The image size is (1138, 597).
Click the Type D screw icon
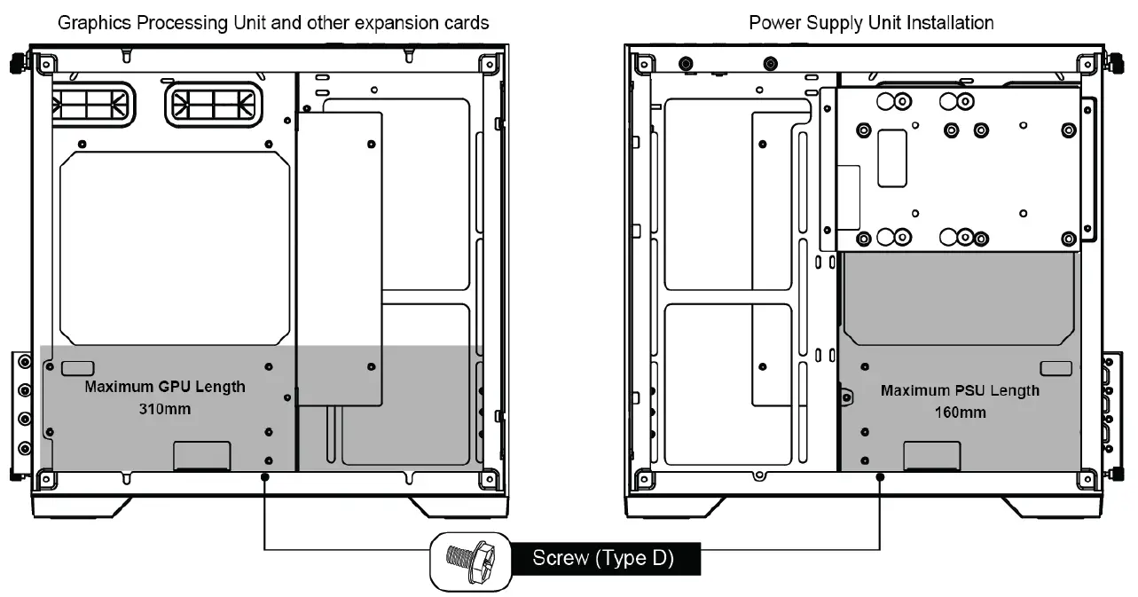pyautogui.click(x=470, y=562)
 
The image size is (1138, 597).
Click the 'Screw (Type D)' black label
pyautogui.click(x=603, y=559)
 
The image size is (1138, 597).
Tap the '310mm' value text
pyautogui.click(x=164, y=409)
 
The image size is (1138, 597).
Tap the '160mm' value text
pyautogui.click(x=960, y=412)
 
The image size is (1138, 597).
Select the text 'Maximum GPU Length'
pyautogui.click(x=165, y=387)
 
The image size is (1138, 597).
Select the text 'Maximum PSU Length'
pyautogui.click(x=960, y=390)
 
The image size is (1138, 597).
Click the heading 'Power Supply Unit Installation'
pyautogui.click(x=871, y=22)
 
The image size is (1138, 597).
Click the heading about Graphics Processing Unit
pyautogui.click(x=273, y=22)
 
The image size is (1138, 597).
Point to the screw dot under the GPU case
pyautogui.click(x=264, y=477)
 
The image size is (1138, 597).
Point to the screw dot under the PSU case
pyautogui.click(x=880, y=477)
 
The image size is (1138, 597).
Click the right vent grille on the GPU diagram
pyautogui.click(x=214, y=104)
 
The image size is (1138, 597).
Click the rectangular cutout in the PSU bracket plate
pyautogui.click(x=891, y=158)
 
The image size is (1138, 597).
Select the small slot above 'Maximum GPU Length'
pyautogui.click(x=79, y=367)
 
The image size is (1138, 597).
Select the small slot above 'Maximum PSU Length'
pyautogui.click(x=1056, y=368)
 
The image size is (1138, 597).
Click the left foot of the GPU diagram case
pyautogui.click(x=84, y=507)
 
